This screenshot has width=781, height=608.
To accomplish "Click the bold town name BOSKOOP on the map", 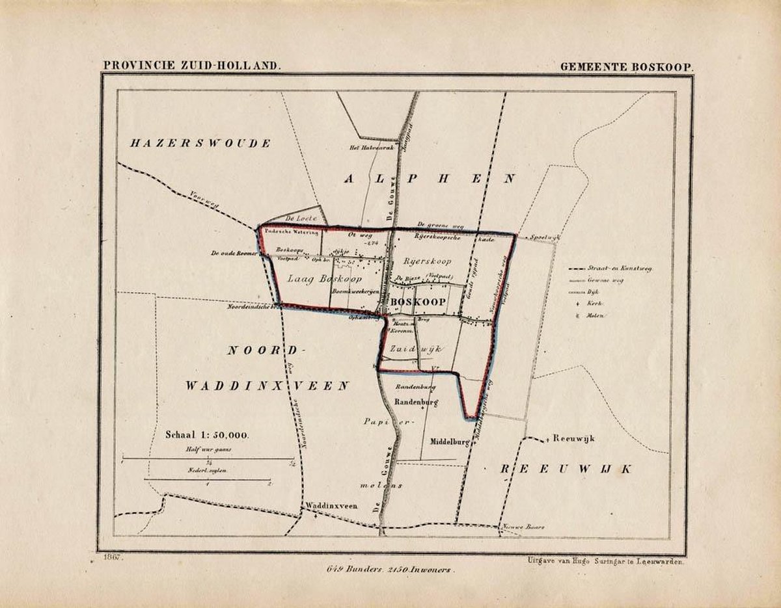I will [418, 302].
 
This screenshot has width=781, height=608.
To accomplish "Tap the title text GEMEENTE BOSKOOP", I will [625, 66].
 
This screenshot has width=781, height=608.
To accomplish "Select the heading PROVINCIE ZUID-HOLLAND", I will [191, 66].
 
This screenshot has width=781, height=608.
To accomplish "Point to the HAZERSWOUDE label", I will [199, 144].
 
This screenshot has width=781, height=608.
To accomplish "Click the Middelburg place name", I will [450, 442].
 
